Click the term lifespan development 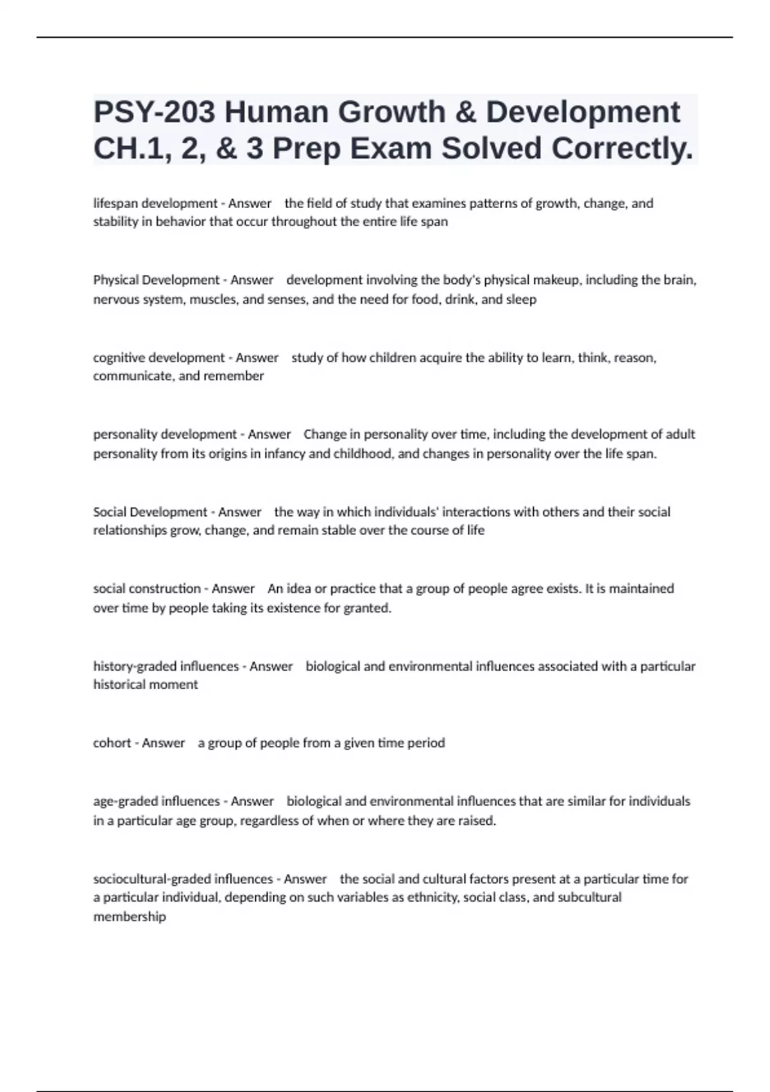[x=155, y=204]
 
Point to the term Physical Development [x=157, y=280]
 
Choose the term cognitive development [x=159, y=357]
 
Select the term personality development [x=165, y=434]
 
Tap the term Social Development [x=150, y=512]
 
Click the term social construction [x=147, y=588]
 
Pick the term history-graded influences [x=166, y=666]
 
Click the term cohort [x=112, y=743]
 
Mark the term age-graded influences [x=157, y=801]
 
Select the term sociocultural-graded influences [x=183, y=879]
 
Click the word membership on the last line [x=130, y=917]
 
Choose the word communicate [x=133, y=376]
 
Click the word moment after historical [x=174, y=685]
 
